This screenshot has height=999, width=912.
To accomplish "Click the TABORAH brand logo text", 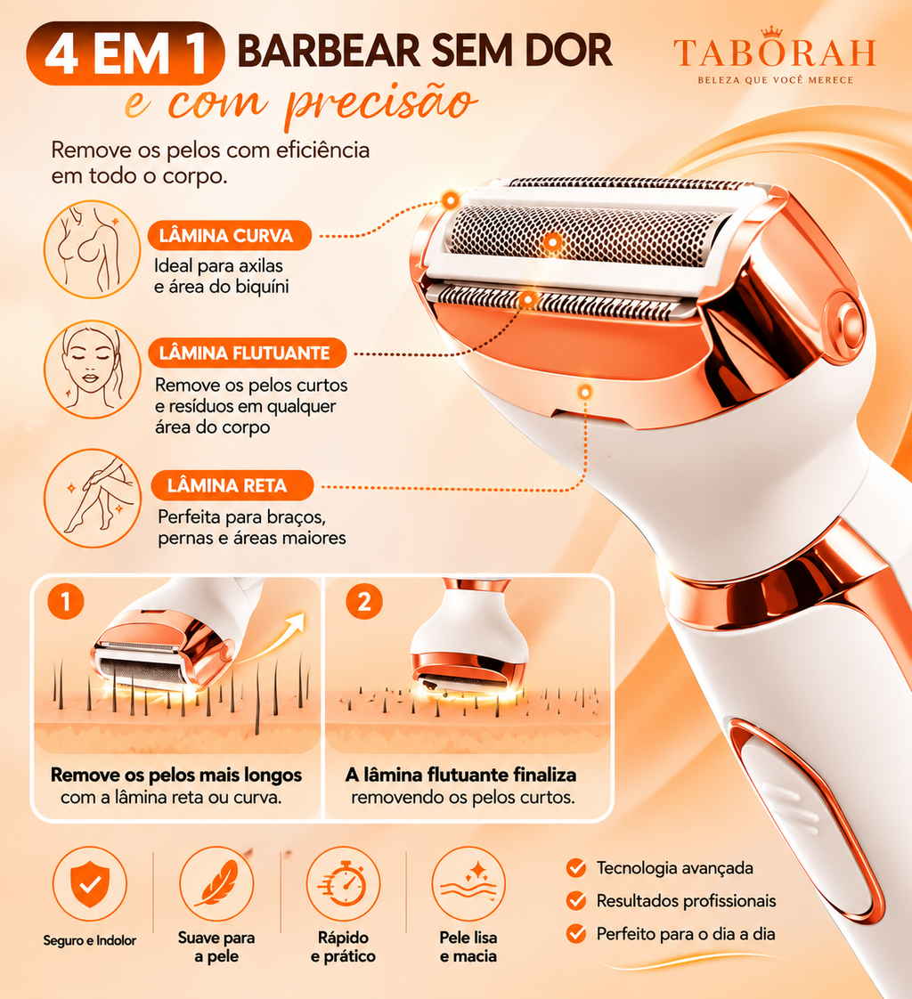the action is tap(774, 53).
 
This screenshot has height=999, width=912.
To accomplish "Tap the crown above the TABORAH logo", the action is tap(772, 32).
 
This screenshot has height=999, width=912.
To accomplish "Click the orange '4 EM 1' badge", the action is tap(125, 53).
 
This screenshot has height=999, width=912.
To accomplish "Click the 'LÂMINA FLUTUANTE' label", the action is tap(248, 353).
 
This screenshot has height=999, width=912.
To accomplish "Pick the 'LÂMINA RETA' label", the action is tap(232, 485).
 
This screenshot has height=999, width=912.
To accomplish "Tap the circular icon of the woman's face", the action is tap(92, 370).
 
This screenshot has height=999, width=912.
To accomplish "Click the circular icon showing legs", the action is tap(92, 498).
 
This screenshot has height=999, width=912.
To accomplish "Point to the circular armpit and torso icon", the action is tap(92, 249).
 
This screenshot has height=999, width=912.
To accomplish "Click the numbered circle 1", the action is tap(66, 601).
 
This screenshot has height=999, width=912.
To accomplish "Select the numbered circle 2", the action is tap(364, 601).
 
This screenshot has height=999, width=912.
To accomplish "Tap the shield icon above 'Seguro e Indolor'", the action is tap(90, 883).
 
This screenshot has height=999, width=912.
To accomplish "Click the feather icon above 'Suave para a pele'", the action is tap(216, 883).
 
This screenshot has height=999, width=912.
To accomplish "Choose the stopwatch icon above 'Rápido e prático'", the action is tap(343, 883).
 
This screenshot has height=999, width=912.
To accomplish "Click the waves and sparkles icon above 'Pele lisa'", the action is tap(468, 883).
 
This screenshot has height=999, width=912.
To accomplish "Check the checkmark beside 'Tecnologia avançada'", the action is tap(576, 868).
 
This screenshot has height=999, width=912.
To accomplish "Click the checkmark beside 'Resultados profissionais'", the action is tap(576, 901).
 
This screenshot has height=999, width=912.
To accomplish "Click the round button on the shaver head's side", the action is tap(847, 321).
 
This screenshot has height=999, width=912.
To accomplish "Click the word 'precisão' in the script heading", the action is tap(380, 103).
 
